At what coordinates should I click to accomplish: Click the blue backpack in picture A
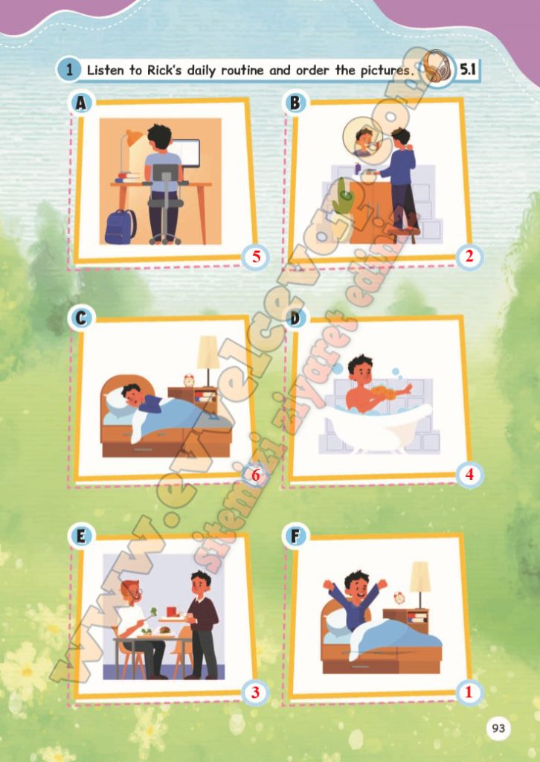tap(120, 226)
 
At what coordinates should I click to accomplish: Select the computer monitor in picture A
tap(190, 153)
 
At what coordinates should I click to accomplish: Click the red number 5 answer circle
tap(256, 257)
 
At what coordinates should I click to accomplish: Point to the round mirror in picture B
tap(361, 139)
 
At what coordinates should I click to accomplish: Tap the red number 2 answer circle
tap(469, 256)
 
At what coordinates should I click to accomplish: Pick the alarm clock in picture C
tap(189, 380)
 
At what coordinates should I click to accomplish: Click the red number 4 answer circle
tap(469, 474)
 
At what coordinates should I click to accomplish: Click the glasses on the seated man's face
tap(136, 593)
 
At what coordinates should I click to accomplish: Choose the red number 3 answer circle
tap(256, 692)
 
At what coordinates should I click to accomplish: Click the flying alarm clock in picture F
tap(399, 598)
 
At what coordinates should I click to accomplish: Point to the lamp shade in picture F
tap(420, 577)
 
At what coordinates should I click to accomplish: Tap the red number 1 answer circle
tap(469, 692)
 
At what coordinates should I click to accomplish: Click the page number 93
tap(498, 728)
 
